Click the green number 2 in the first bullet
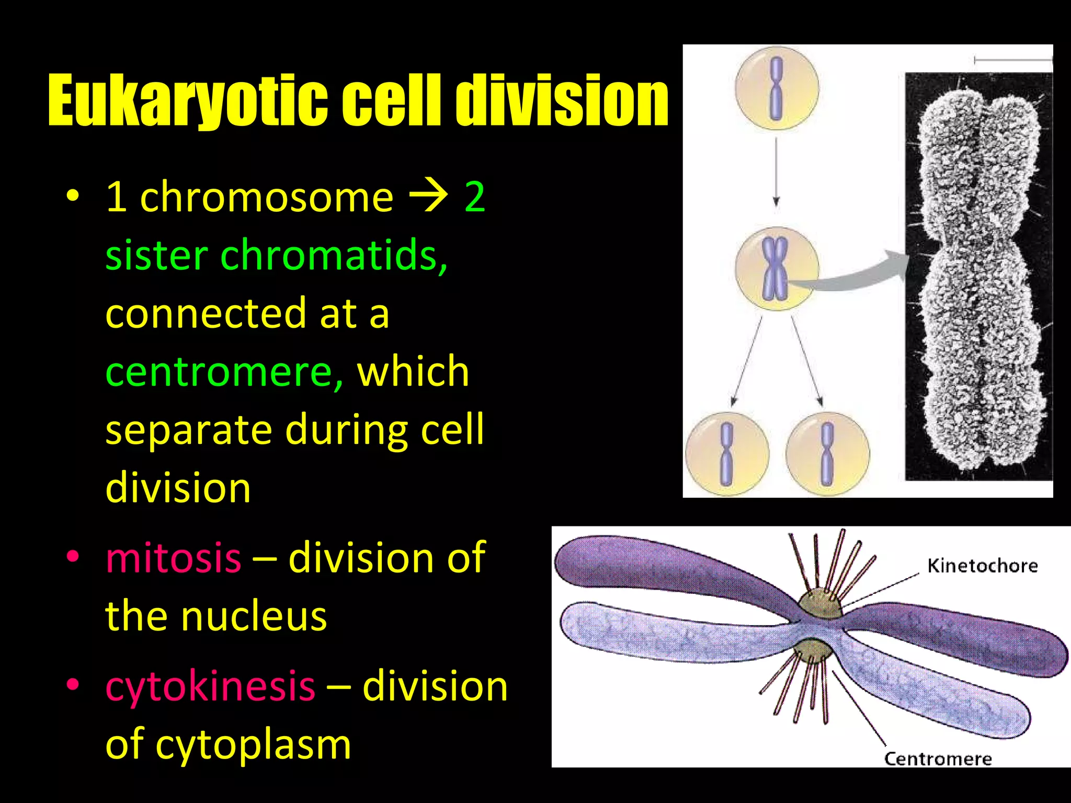click(x=475, y=197)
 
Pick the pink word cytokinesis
click(x=210, y=686)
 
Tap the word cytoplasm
click(x=253, y=744)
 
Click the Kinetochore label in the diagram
click(x=982, y=566)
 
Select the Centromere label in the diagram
click(x=938, y=759)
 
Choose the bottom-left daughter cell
click(x=727, y=454)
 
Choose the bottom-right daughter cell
click(x=827, y=454)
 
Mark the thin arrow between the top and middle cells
click(x=777, y=173)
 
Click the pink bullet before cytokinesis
click(x=73, y=684)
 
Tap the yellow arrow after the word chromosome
click(x=428, y=197)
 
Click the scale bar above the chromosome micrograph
click(x=1012, y=61)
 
